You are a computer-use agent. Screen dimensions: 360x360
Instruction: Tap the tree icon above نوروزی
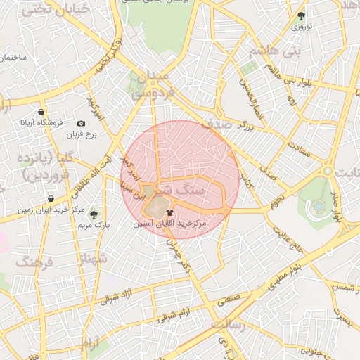click(302, 15)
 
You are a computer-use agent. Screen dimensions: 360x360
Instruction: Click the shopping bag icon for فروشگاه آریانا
click(41, 112)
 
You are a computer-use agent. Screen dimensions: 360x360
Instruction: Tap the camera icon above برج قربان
click(82, 124)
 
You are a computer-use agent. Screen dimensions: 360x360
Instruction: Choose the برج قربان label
click(80, 134)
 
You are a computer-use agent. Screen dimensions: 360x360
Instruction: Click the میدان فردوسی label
click(148, 83)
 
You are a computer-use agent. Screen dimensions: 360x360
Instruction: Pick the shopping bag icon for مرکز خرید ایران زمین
click(51, 199)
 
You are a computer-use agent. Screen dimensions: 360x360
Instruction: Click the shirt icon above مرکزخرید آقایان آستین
click(169, 212)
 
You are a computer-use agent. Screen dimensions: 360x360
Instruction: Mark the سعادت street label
click(302, 148)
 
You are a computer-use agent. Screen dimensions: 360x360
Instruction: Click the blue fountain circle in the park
click(319, 206)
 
